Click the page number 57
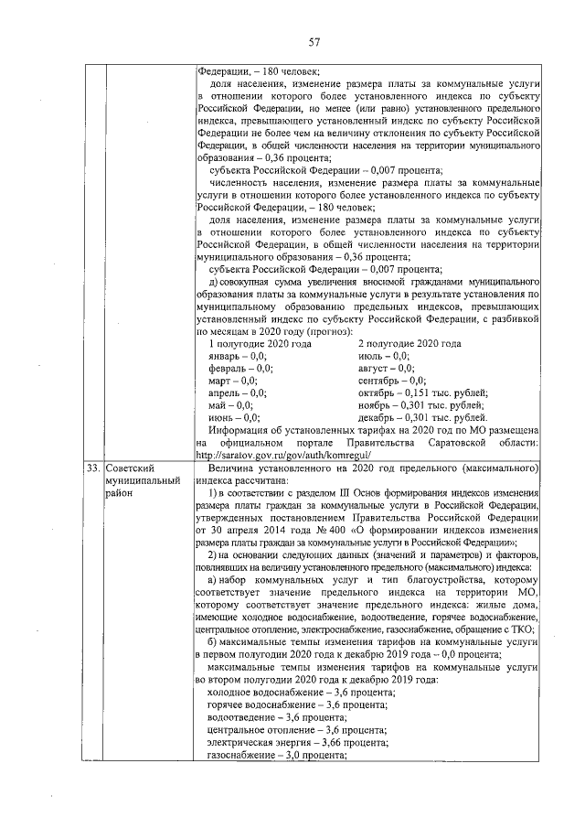click(x=314, y=42)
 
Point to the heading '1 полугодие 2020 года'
click(x=261, y=343)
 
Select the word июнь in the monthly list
click(x=221, y=417)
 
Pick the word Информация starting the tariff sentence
click(x=239, y=430)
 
